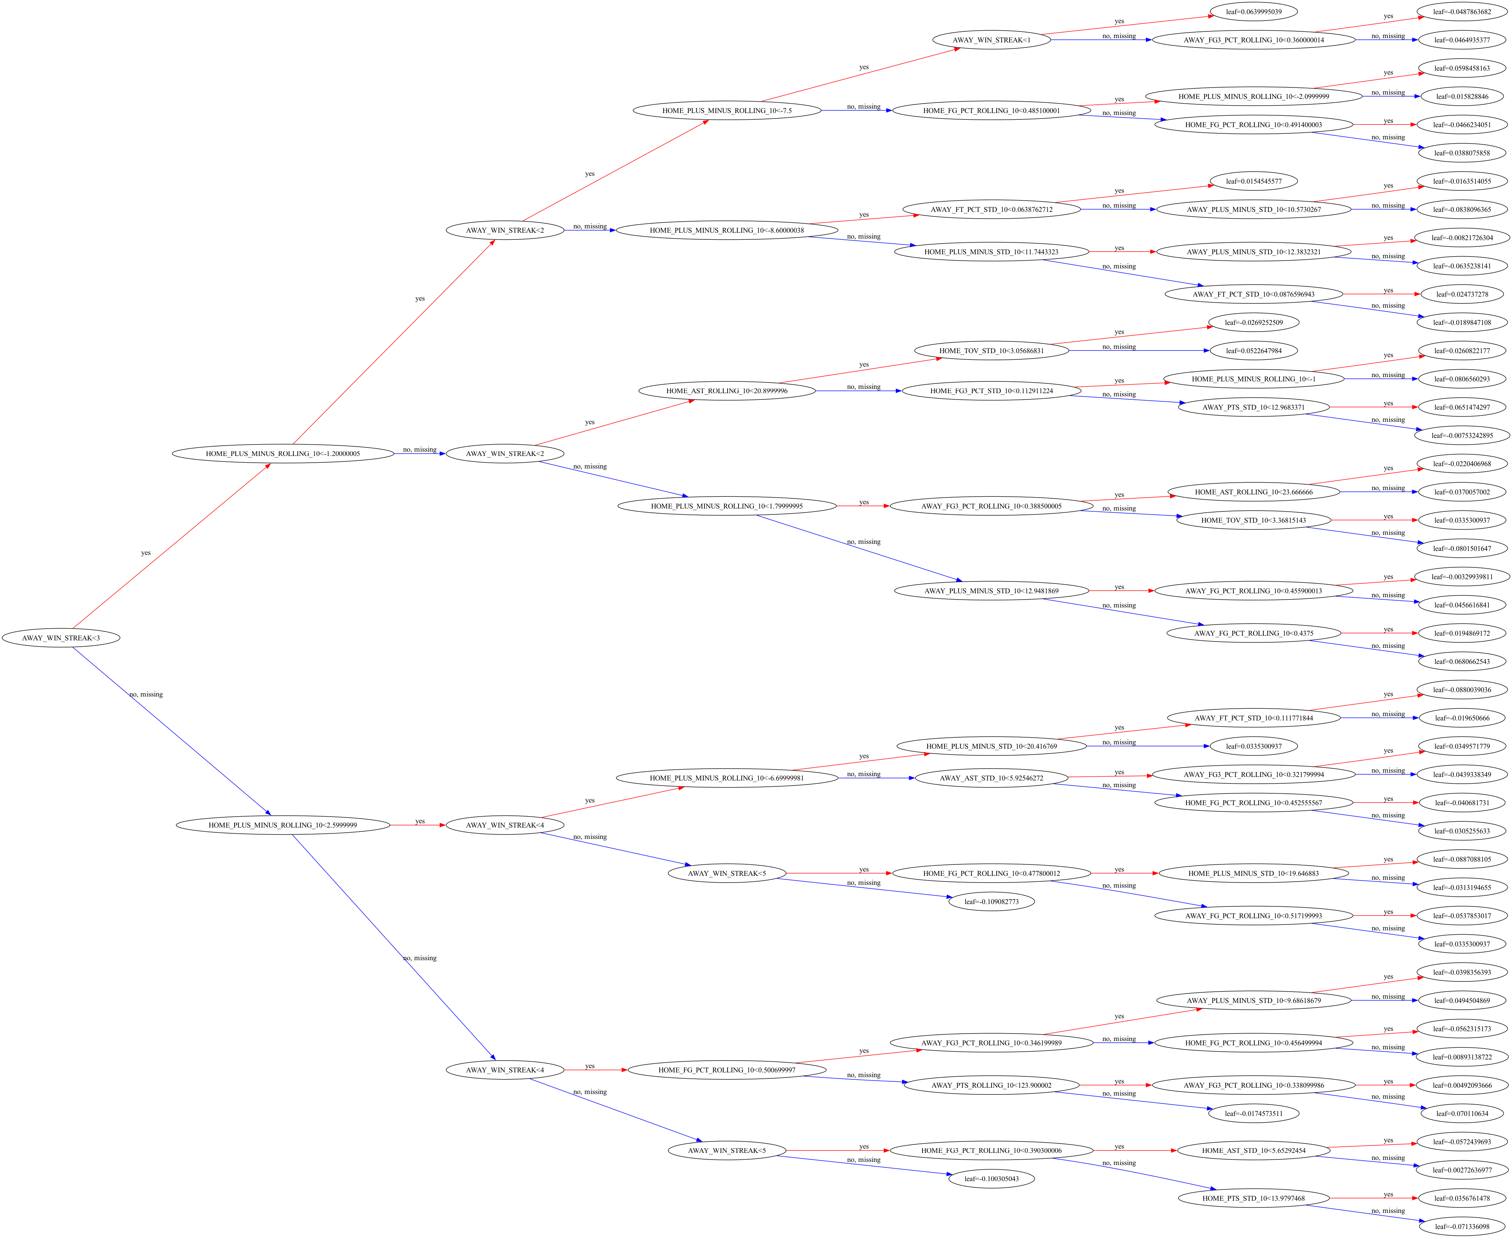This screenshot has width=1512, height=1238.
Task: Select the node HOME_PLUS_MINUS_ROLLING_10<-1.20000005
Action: click(283, 454)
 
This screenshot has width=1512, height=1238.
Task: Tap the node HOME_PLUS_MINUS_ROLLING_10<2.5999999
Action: click(283, 825)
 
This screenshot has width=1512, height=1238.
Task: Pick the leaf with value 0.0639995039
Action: click(1253, 11)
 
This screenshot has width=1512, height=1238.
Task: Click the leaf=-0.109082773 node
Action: click(992, 901)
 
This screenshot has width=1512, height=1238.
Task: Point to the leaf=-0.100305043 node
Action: click(992, 1179)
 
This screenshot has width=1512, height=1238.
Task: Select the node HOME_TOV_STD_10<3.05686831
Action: click(992, 351)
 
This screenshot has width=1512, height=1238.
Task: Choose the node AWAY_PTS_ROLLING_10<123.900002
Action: click(992, 1085)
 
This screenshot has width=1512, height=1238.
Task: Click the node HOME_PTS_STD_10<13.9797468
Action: click(1253, 1198)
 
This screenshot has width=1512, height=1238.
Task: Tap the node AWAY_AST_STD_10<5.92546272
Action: click(992, 778)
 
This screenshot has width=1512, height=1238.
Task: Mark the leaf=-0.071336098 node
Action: click(1462, 1227)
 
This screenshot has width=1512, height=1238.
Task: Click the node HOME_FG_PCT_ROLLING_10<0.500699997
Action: click(727, 1070)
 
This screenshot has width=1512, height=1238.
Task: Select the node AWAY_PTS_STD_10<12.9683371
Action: click(1253, 407)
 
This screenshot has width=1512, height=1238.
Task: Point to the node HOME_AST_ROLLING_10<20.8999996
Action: click(727, 391)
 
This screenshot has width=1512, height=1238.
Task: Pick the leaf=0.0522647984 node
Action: click(1253, 351)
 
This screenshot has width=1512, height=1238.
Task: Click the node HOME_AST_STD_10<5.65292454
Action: click(1253, 1150)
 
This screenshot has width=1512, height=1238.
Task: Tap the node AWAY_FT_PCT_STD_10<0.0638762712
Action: click(992, 210)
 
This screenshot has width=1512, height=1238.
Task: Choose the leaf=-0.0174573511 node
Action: click(1253, 1113)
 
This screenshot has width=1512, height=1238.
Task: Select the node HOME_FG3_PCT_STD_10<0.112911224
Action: click(992, 391)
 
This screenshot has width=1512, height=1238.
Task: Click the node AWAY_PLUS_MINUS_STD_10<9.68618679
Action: click(1253, 1001)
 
